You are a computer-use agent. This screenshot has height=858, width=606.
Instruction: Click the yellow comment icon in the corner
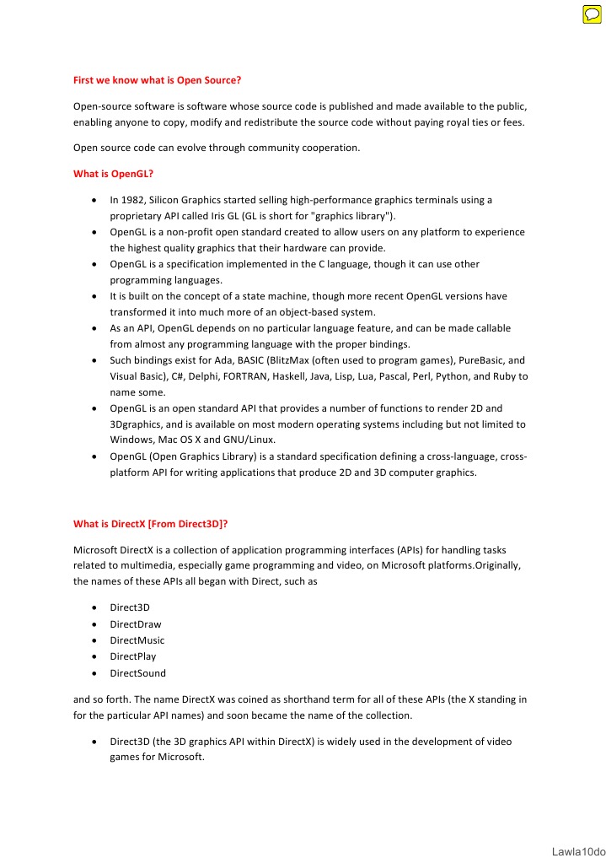[x=592, y=14]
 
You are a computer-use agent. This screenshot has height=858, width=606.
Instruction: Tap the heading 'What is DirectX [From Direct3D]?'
[x=151, y=523]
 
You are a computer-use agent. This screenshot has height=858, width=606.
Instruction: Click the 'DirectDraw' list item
[x=136, y=624]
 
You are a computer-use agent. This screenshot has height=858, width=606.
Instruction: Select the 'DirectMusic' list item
[x=137, y=640]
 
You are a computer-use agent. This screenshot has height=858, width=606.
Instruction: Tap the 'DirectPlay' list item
[x=133, y=656]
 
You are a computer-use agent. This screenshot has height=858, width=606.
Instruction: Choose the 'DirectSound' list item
[x=138, y=673]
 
